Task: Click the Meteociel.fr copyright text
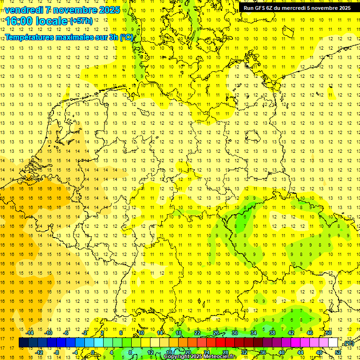[x=200, y=357]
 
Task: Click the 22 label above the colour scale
[x=197, y=333]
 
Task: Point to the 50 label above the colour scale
[x=329, y=333]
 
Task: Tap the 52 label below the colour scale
[x=338, y=352]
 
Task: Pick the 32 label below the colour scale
[x=244, y=352]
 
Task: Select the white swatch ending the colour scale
[x=333, y=343]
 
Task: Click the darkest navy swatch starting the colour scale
[x=23, y=343]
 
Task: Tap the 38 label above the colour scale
[x=272, y=333]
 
